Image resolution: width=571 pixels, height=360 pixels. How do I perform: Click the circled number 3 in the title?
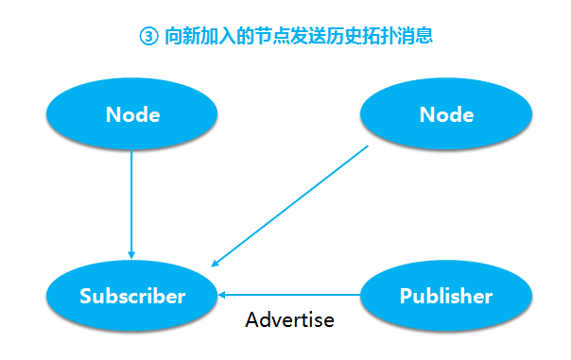point(146,37)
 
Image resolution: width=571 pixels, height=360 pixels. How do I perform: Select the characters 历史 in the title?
point(342,37)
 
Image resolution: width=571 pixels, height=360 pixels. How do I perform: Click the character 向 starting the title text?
point(173,37)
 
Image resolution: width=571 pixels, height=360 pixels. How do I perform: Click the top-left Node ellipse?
point(132,115)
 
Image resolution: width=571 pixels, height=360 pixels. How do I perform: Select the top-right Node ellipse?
point(446,115)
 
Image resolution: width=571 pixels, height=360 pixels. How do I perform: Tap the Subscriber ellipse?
point(132,296)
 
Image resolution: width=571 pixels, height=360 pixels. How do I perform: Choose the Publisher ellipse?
point(446,296)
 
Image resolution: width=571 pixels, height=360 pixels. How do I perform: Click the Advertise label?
point(289,319)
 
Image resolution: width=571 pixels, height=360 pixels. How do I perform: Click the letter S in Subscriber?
point(86,296)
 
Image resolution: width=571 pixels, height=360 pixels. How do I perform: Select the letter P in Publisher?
point(406,296)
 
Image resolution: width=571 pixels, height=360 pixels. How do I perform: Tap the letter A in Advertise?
point(252,319)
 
